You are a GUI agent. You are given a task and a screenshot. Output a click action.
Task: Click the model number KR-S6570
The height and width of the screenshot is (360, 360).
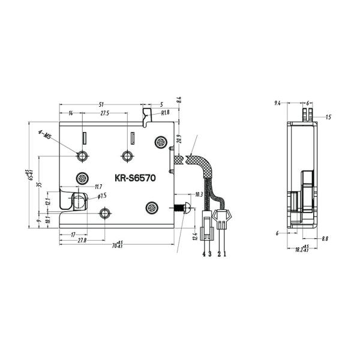(x=136, y=178)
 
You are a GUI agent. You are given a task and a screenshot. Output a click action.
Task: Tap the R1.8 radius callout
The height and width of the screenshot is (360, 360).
(x=164, y=112)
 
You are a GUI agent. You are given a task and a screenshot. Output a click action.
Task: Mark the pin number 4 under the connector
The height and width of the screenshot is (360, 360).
(x=204, y=254)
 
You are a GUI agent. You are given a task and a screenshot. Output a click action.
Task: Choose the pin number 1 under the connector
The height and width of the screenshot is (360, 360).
(x=225, y=254)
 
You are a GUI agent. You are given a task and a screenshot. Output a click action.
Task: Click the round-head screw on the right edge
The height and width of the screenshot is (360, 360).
(x=183, y=208)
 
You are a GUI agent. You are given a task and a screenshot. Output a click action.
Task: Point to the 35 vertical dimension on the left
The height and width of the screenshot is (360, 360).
(x=39, y=185)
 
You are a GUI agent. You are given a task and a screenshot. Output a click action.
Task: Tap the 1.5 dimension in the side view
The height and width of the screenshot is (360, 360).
(x=328, y=118)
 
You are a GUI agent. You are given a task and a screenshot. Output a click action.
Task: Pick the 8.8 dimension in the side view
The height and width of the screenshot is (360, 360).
(x=325, y=239)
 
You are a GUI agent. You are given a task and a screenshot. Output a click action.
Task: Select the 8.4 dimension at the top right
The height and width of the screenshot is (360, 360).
(x=178, y=99)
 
